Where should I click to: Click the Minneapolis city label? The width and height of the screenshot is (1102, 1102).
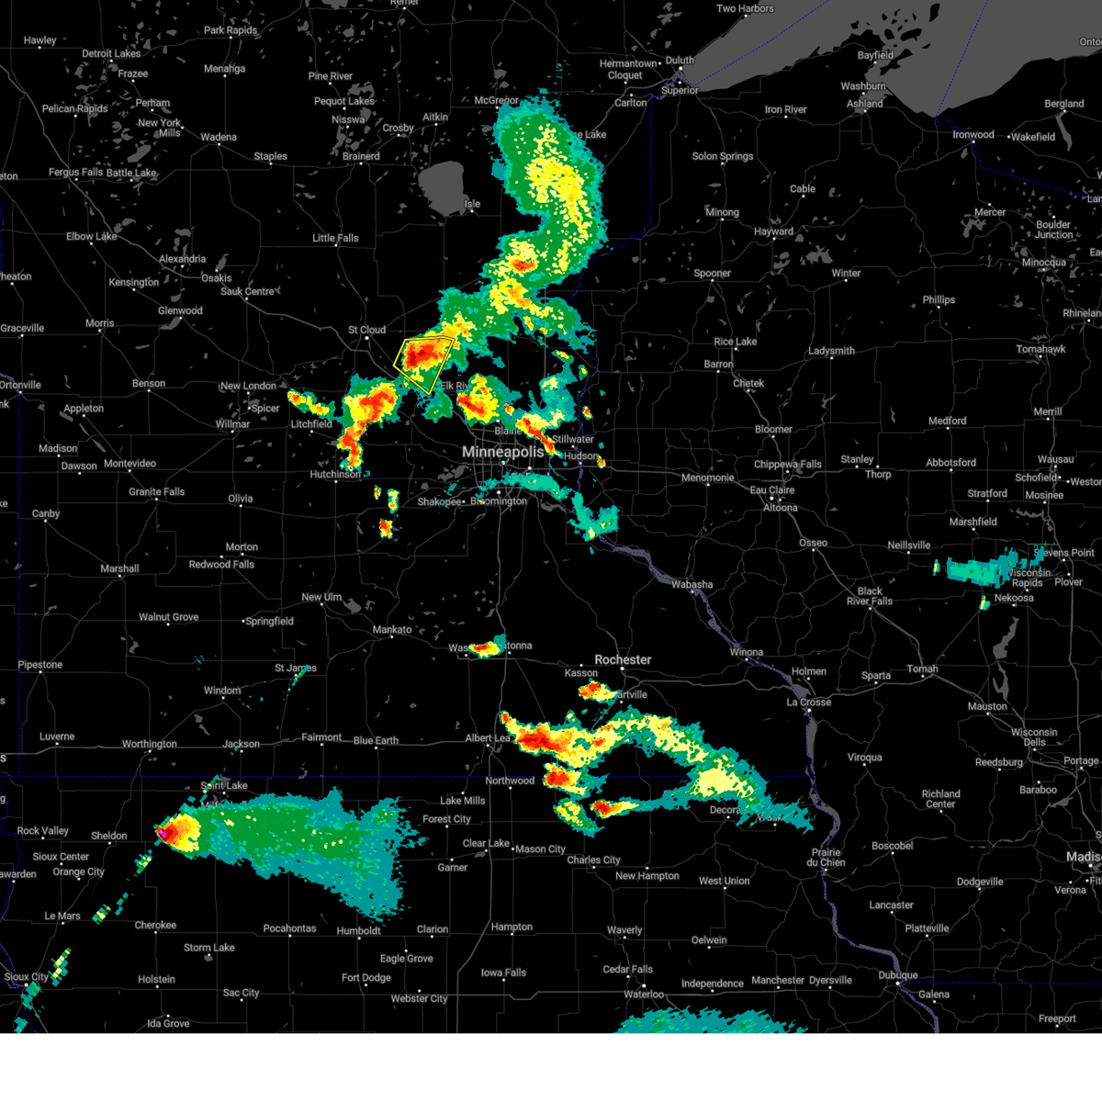click(502, 452)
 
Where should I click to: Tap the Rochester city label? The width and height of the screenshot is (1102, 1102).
click(623, 659)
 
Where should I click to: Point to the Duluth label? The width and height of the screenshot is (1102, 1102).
click(680, 61)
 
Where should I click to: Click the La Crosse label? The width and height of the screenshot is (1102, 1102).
click(808, 703)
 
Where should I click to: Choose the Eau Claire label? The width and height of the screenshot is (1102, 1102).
click(772, 490)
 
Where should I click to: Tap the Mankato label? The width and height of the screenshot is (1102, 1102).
click(392, 630)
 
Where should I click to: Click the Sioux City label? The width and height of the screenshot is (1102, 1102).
click(27, 977)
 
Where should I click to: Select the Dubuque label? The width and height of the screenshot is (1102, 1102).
click(897, 975)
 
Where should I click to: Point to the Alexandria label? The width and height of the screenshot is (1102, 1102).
click(183, 259)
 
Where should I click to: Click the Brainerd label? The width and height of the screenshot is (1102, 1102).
click(361, 156)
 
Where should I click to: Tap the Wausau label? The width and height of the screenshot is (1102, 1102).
click(1055, 459)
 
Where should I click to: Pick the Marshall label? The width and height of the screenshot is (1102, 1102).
click(119, 569)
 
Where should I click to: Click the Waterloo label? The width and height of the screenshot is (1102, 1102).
click(644, 995)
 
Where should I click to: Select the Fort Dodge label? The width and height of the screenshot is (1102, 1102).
click(366, 978)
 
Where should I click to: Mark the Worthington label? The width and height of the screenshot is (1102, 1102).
click(150, 744)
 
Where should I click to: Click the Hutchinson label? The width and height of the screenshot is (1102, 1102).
click(335, 475)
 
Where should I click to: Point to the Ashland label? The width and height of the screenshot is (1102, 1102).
click(865, 104)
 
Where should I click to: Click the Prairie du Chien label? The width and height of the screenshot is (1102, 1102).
click(826, 857)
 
